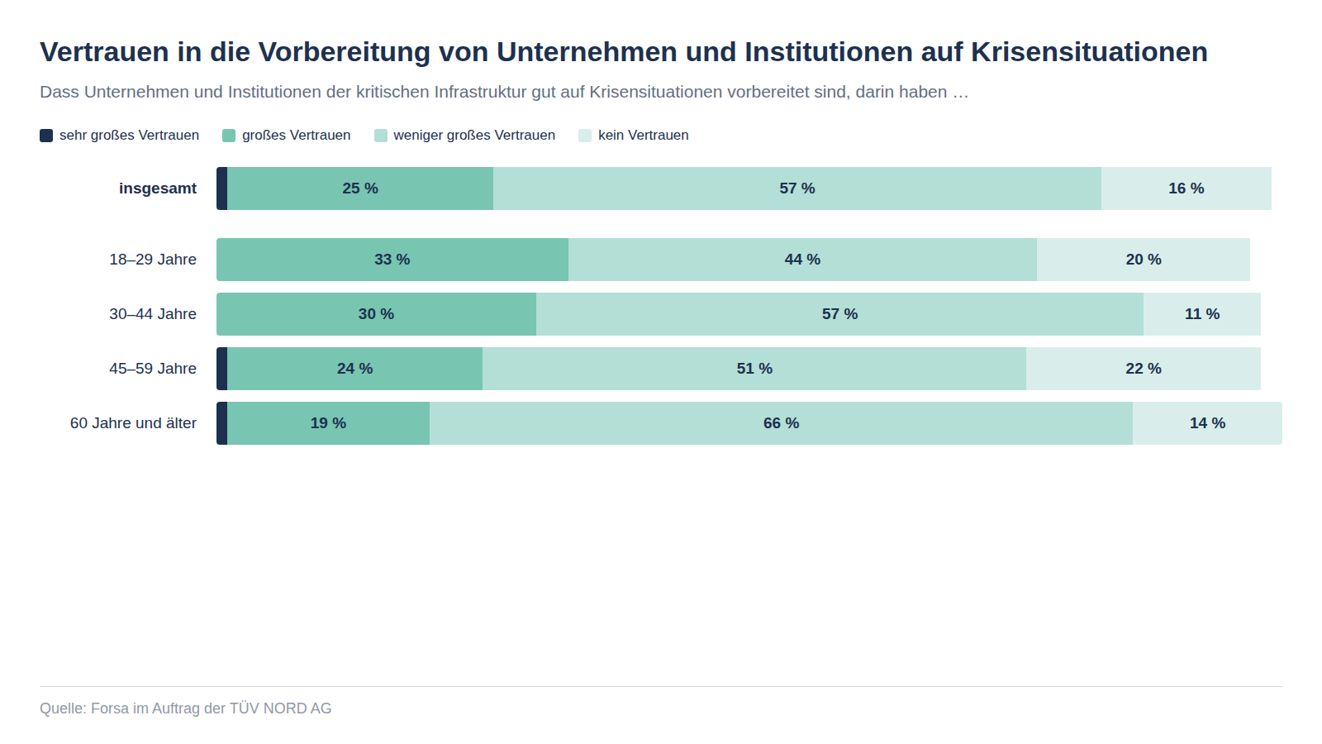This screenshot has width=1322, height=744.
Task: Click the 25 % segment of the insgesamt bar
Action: pyautogui.click(x=360, y=188)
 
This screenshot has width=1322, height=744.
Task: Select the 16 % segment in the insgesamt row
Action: pyautogui.click(x=1186, y=188)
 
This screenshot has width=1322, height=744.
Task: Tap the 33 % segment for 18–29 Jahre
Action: pyautogui.click(x=392, y=260)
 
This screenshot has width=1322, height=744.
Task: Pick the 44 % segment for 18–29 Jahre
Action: pyautogui.click(x=802, y=260)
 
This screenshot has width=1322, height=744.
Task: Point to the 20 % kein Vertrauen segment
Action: pyautogui.click(x=1143, y=260)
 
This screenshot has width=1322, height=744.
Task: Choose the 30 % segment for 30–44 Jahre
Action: pyautogui.click(x=376, y=314)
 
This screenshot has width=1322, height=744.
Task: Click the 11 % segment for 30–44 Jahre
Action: pyautogui.click(x=1201, y=314)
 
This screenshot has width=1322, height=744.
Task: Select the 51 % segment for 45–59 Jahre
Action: pyautogui.click(x=754, y=369)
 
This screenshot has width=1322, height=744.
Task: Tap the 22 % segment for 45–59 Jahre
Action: pyautogui.click(x=1143, y=369)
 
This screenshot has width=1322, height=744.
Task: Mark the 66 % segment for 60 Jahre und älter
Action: pyautogui.click(x=781, y=423)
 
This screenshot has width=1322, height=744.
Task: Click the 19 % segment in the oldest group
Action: pyautogui.click(x=328, y=423)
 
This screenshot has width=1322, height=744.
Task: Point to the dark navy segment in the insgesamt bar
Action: pyautogui.click(x=222, y=188)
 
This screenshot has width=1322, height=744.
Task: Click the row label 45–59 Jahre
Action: pyautogui.click(x=153, y=369)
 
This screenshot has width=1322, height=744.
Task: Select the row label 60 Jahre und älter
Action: pyautogui.click(x=133, y=423)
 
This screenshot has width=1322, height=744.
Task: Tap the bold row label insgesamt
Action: pyautogui.click(x=158, y=188)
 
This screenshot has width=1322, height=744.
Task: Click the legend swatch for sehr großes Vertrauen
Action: pyautogui.click(x=46, y=136)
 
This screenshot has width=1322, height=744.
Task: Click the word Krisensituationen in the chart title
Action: pyautogui.click(x=1089, y=52)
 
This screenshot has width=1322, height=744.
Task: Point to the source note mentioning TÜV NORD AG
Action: pyautogui.click(x=186, y=708)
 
